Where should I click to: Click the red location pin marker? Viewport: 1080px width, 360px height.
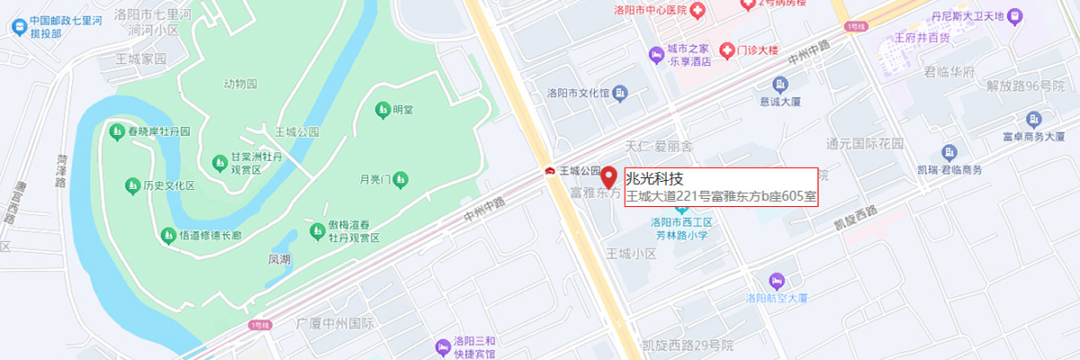point(609,176)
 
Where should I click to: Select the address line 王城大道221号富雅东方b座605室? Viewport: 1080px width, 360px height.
point(721,196)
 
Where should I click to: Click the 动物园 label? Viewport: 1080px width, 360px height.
point(240,84)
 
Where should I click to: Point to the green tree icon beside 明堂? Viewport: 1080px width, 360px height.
point(382,110)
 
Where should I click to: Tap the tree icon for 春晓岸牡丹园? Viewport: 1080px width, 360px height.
point(117,132)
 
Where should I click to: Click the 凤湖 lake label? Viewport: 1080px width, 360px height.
point(280,259)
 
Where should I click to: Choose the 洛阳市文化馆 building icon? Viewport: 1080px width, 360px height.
point(620,93)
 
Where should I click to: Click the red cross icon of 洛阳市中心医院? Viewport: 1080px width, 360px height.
point(698,9)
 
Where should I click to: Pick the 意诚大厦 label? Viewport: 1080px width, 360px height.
point(779,101)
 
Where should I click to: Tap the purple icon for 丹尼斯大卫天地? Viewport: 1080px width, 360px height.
point(1015,15)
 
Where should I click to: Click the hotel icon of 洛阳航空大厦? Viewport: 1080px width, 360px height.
point(778,280)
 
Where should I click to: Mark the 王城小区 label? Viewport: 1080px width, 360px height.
point(632,254)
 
